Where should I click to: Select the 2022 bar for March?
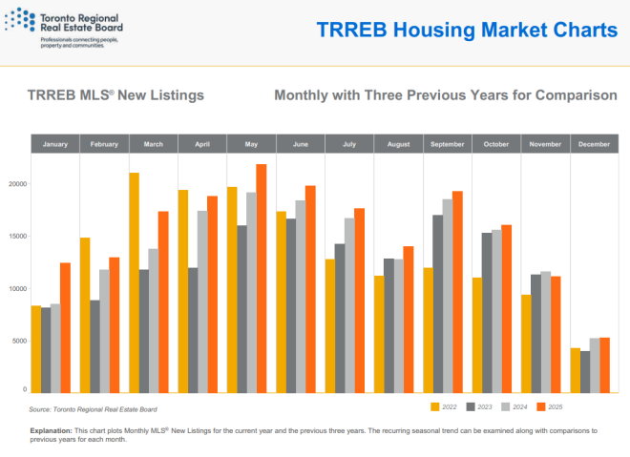point(134,282)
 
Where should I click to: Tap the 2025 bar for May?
point(261,278)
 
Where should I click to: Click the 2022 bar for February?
point(85,315)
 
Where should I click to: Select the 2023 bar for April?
point(193,330)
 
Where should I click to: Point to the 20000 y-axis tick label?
point(14,184)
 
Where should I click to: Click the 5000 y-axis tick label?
point(17,341)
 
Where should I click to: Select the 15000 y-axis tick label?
point(14,237)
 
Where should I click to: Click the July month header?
point(349,144)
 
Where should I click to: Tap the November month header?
point(545,144)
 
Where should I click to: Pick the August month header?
point(398,144)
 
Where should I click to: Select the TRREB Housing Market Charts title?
point(467,30)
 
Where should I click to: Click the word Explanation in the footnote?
point(52,431)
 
